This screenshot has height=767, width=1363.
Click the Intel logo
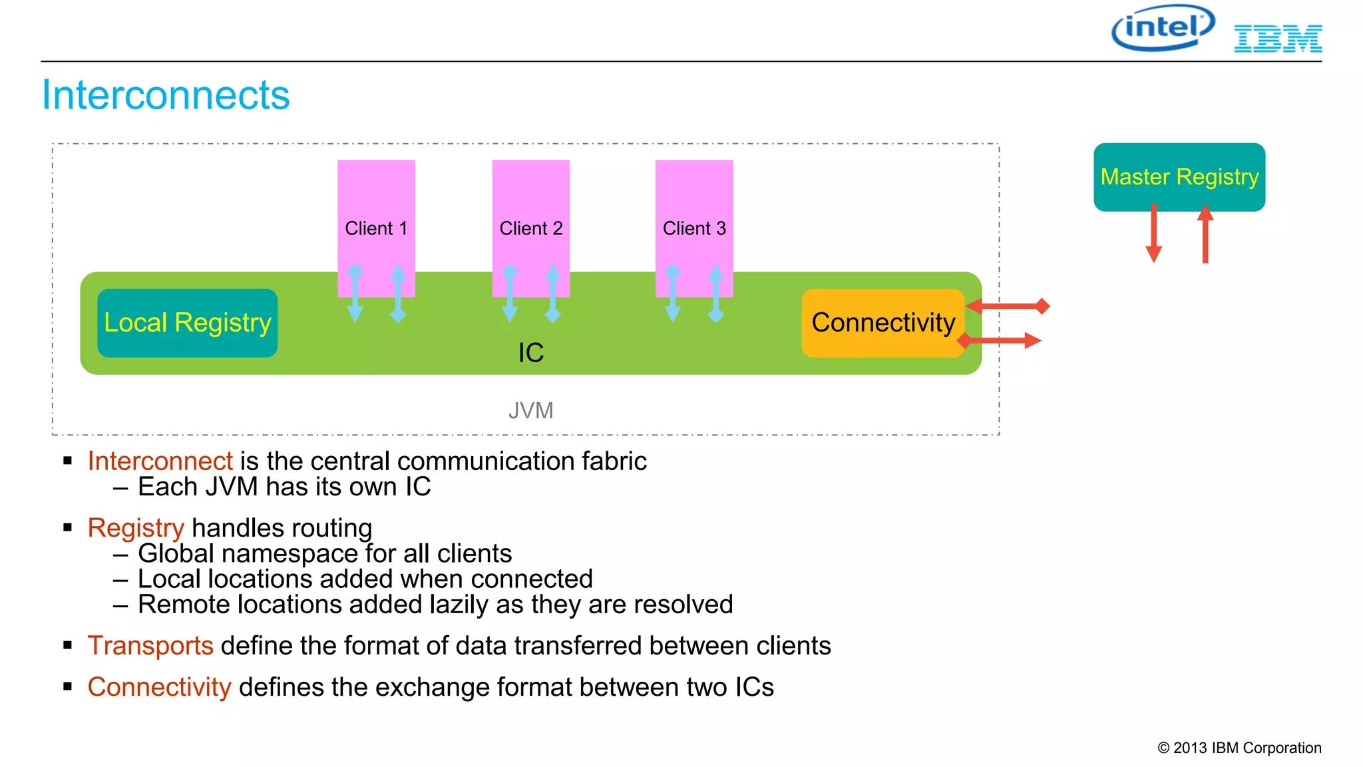click(1162, 28)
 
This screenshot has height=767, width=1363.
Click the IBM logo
click(1277, 39)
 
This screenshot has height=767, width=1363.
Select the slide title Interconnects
click(166, 95)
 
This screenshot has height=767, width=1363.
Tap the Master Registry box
click(1179, 176)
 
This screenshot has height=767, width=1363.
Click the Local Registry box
click(187, 323)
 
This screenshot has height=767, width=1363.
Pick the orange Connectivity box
click(882, 323)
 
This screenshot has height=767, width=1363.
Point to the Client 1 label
click(376, 228)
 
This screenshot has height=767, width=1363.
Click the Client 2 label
click(530, 228)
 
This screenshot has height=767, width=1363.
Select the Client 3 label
click(694, 228)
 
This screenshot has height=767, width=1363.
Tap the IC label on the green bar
click(530, 353)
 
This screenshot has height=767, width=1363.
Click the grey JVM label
click(530, 410)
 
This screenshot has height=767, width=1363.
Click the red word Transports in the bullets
click(150, 646)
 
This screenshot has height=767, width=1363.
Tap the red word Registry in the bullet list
click(136, 528)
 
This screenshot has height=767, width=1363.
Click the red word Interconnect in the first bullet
click(160, 461)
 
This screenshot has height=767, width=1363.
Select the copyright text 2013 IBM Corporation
click(1239, 748)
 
